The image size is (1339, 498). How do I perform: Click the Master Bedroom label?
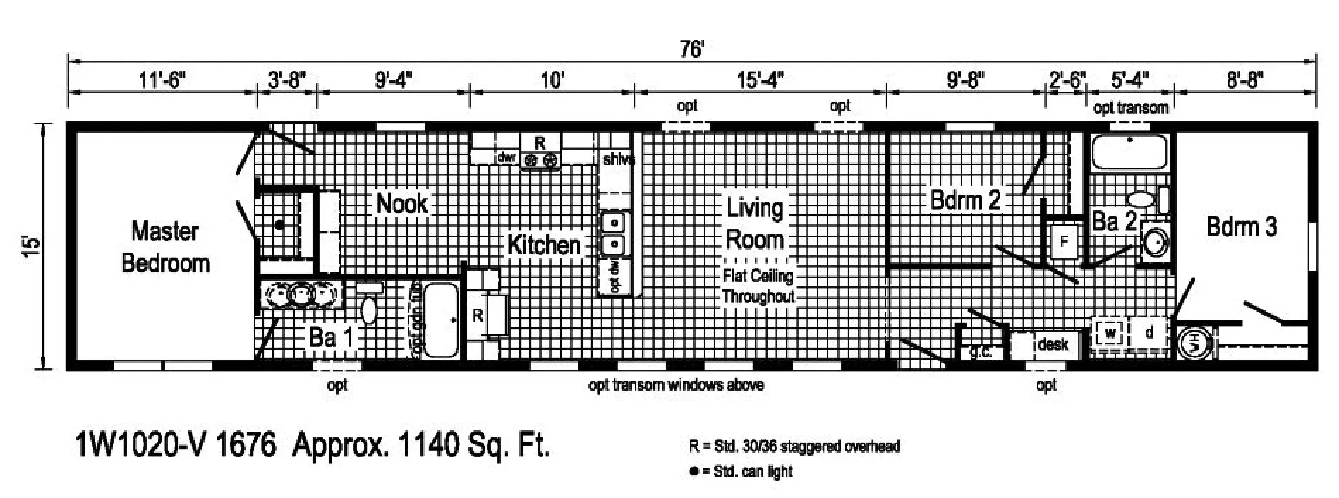(x=166, y=247)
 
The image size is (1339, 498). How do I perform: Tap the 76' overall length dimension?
(x=692, y=49)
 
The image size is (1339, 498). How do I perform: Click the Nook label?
(x=401, y=203)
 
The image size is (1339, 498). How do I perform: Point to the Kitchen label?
(x=544, y=245)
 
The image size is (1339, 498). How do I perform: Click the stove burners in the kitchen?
(x=540, y=161)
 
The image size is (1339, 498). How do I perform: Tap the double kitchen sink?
(x=614, y=233)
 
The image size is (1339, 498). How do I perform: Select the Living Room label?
(x=755, y=224)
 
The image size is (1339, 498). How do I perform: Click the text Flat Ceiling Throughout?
(x=758, y=286)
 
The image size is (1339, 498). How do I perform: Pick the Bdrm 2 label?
(x=966, y=200)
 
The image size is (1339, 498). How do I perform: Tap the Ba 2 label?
(x=1114, y=221)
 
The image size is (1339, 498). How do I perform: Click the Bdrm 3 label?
(x=1242, y=226)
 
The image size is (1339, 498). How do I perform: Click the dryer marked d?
(x=1149, y=332)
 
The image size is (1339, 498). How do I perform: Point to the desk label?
(x=1053, y=344)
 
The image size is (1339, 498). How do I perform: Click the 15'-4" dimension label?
(x=760, y=80)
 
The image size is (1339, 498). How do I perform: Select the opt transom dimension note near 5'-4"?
(x=1131, y=107)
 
